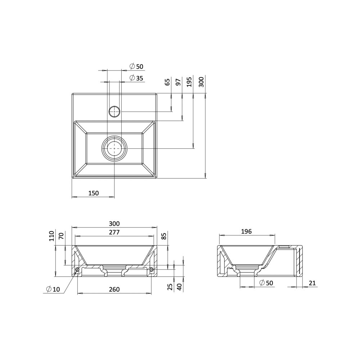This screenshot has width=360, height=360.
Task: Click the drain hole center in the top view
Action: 114,149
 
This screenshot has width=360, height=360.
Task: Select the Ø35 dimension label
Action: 136,78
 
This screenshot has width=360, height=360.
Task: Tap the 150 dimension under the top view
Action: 94,193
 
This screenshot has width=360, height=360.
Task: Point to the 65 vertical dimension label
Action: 168,82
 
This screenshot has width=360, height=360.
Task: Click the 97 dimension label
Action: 178,82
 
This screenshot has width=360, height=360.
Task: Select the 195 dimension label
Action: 189,82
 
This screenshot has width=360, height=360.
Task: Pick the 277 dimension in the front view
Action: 114,232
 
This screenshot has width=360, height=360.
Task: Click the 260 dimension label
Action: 114,289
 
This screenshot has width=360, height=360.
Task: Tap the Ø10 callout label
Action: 53,289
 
